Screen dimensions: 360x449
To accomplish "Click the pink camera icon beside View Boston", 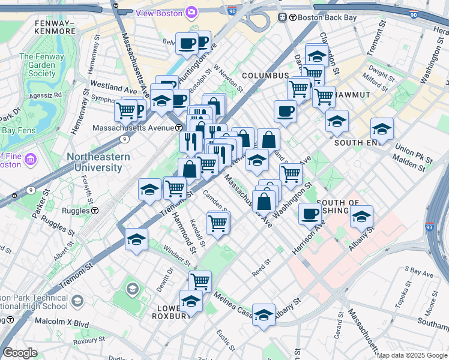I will coord(191,12).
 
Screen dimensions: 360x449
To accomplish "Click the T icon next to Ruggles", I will coord(95,211).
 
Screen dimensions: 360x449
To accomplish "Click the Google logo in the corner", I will coord(20,353).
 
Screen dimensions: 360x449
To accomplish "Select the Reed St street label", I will coord(262,268).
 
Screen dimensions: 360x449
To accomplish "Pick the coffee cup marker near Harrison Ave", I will coord(310,214).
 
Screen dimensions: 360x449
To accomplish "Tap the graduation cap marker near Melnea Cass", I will coord(264,314).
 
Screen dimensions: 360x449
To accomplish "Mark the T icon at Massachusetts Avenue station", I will coord(179,128).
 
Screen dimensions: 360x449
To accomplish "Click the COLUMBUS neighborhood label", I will coord(266,76).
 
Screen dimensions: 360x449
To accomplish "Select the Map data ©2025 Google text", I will coord(412,355).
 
